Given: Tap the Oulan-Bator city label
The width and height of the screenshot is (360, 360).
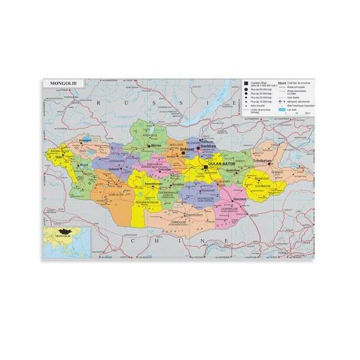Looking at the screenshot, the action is coord(220,164).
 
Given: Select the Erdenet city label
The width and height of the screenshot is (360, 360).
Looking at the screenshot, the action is coord(187,150).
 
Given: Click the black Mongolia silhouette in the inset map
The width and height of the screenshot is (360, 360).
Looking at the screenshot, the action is coord(64,232).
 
